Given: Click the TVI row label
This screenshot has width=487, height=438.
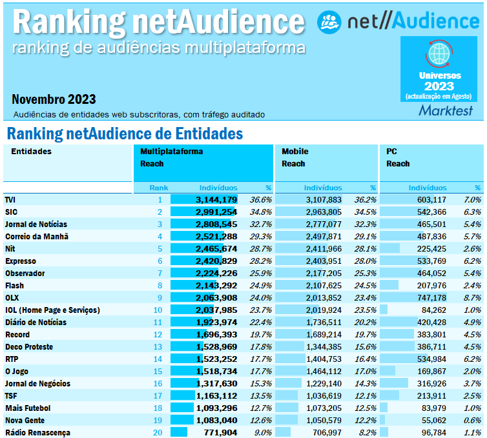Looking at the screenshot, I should (x=10, y=200).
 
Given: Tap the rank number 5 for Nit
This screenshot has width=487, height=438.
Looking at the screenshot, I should (x=160, y=249).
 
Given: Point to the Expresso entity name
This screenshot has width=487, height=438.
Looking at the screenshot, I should (x=21, y=261).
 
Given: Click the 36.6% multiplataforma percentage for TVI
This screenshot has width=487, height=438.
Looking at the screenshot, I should (x=260, y=200).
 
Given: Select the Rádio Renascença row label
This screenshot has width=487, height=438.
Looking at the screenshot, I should (x=37, y=433).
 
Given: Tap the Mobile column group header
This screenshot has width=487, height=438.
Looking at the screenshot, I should (x=295, y=152).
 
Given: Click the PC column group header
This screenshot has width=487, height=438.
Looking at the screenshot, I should (x=391, y=152).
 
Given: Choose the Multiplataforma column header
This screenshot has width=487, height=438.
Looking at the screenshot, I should (x=172, y=152).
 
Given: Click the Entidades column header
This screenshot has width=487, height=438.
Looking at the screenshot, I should (x=32, y=152).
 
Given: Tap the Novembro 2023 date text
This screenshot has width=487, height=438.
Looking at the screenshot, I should (x=54, y=99).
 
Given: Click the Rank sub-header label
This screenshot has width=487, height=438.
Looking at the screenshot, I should (x=159, y=188).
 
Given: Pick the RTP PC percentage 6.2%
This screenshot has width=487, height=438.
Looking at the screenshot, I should (x=473, y=359).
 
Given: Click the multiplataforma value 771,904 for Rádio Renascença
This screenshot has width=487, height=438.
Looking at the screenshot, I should (x=217, y=433).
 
